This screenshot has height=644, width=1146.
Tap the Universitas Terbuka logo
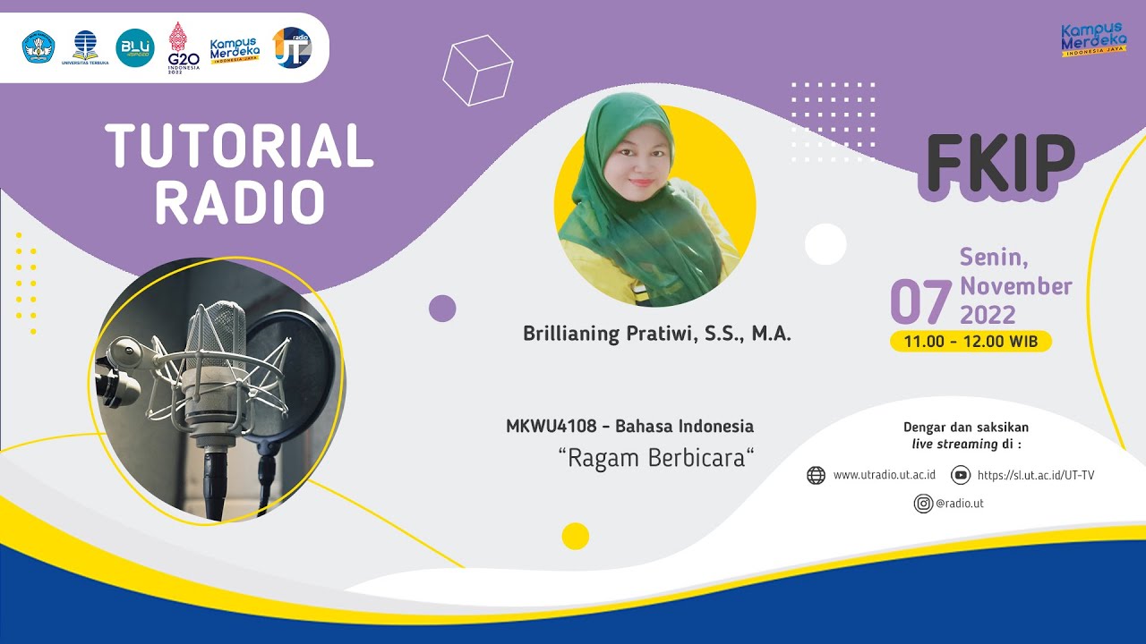(x=85, y=48)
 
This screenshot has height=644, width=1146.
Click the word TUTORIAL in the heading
(x=239, y=146)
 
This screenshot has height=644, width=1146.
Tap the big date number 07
(x=919, y=302)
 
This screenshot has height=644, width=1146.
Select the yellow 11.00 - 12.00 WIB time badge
(x=971, y=342)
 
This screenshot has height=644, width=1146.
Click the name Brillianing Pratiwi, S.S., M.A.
(x=657, y=335)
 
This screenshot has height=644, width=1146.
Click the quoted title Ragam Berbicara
(x=656, y=458)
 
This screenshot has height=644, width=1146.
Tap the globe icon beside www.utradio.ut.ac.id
(x=816, y=475)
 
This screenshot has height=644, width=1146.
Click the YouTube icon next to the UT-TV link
(x=961, y=475)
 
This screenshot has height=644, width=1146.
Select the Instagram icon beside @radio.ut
(x=923, y=504)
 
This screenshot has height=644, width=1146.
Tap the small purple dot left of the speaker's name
(x=442, y=309)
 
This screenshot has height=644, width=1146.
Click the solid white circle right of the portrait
(x=825, y=244)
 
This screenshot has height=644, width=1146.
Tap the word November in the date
(x=1016, y=286)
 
